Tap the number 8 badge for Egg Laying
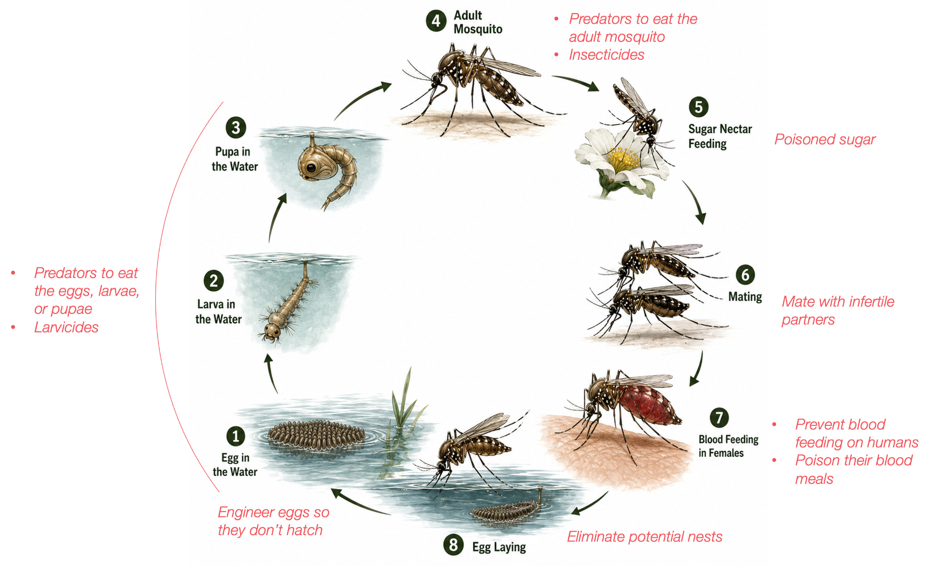pyautogui.click(x=454, y=545)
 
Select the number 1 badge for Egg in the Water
pyautogui.click(x=236, y=436)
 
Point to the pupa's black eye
pyautogui.click(x=311, y=168)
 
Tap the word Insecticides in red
pyautogui.click(x=606, y=55)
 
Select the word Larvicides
pyautogui.click(x=66, y=327)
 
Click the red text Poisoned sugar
pyautogui.click(x=825, y=140)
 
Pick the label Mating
pyautogui.click(x=745, y=297)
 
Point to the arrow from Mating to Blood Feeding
pyautogui.click(x=698, y=368)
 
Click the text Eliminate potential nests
pyautogui.click(x=644, y=537)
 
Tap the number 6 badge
pyautogui.click(x=745, y=274)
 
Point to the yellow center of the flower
pyautogui.click(x=623, y=159)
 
